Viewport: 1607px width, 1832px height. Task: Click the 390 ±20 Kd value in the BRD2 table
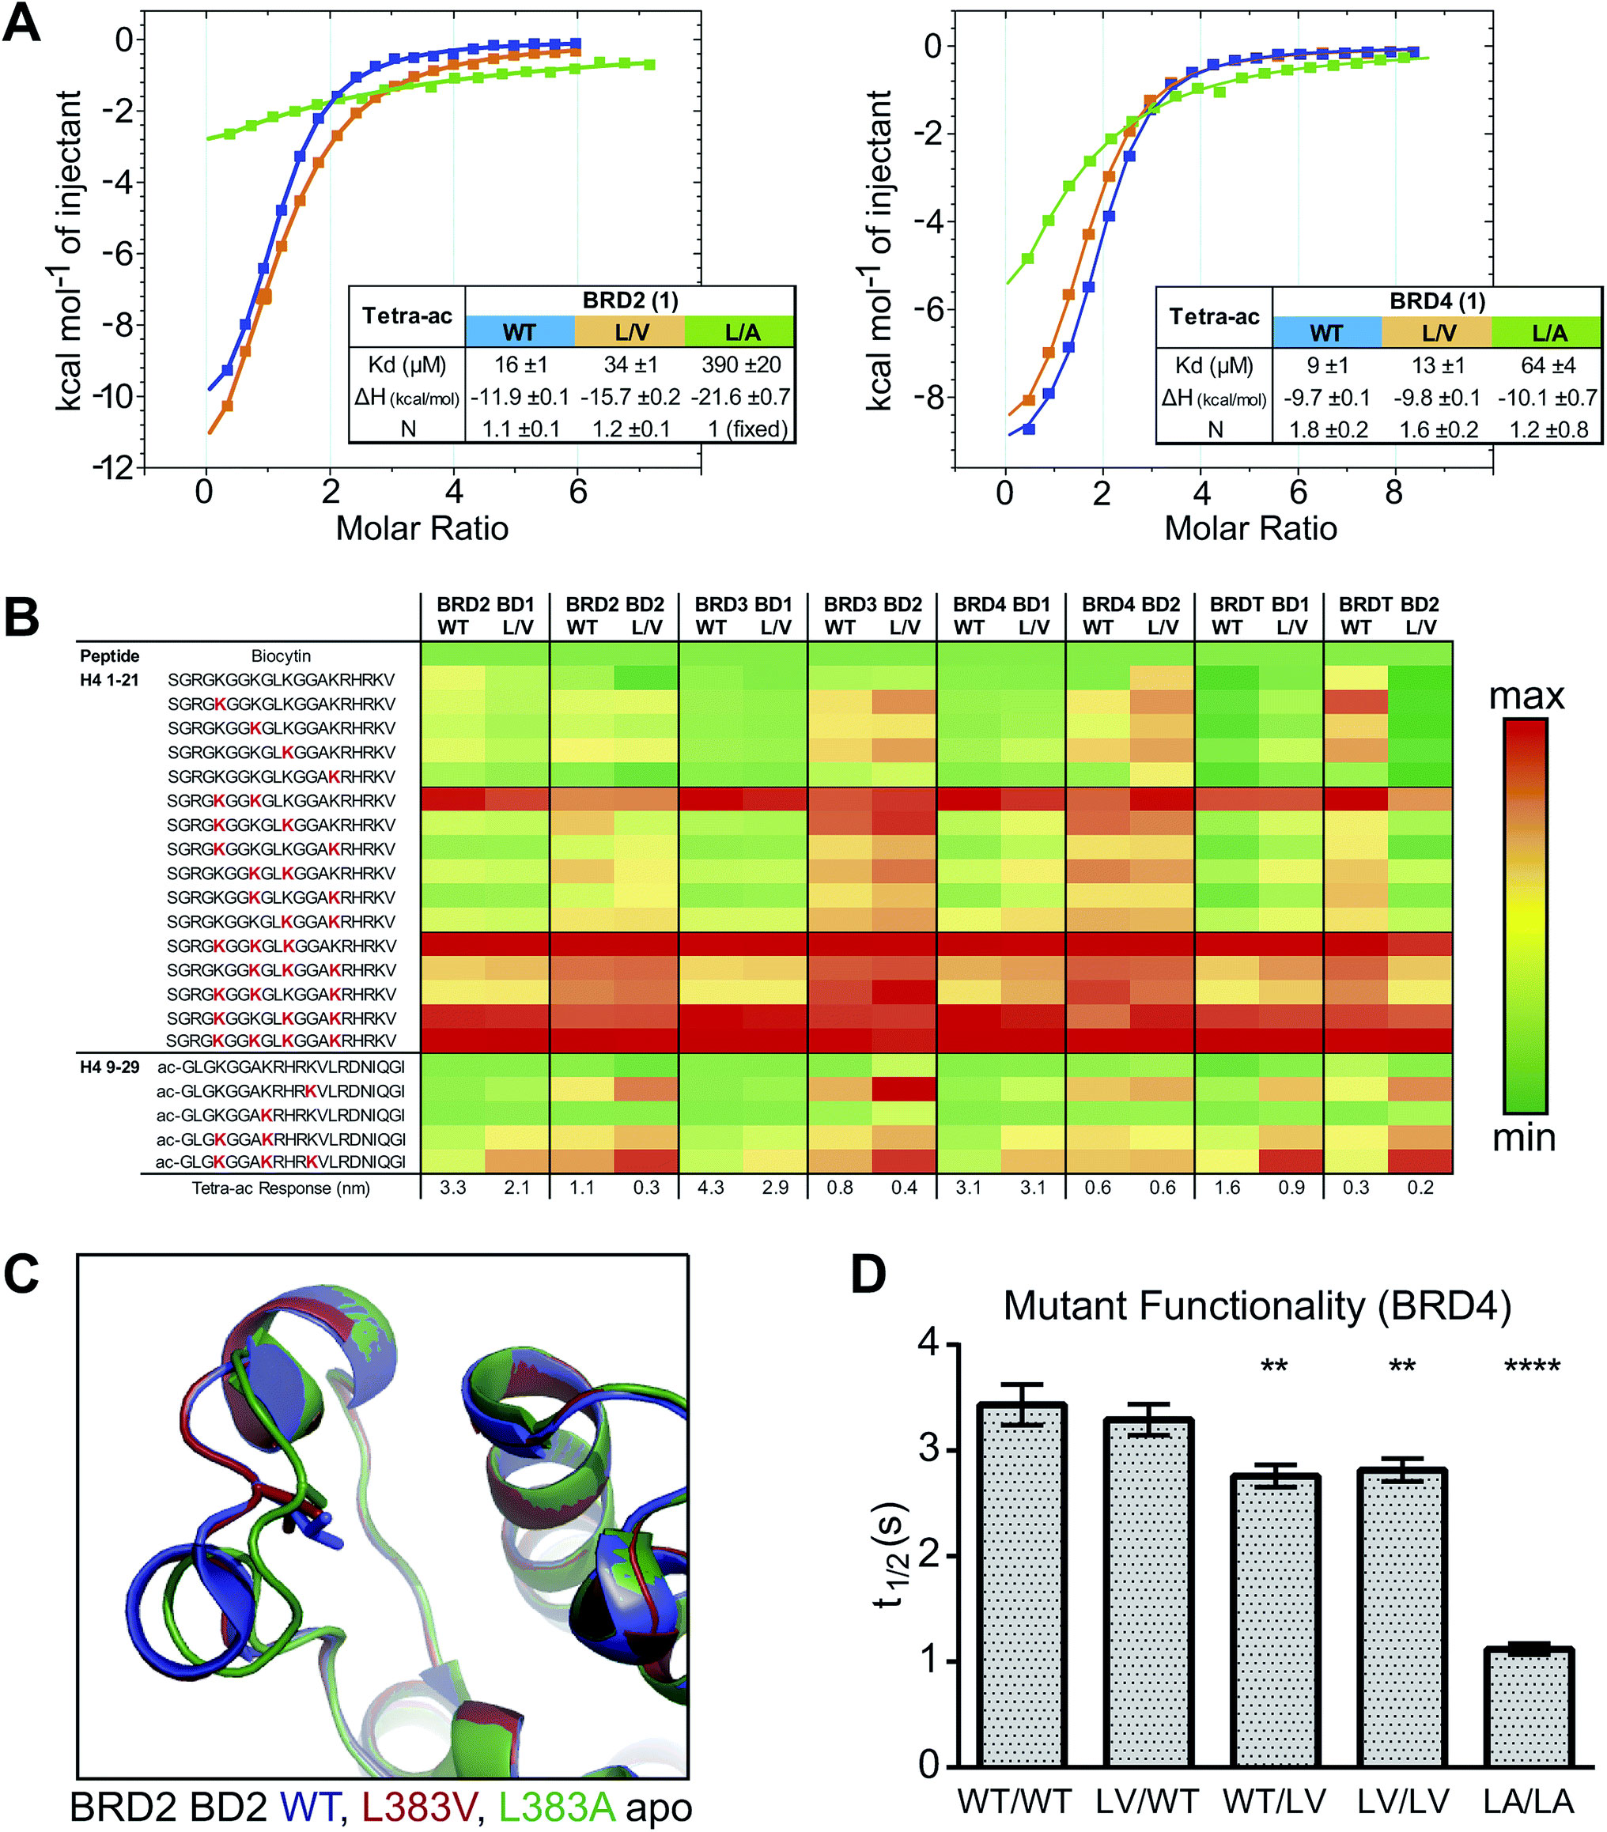pos(740,365)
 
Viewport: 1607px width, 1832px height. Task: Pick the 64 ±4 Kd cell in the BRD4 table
pos(1548,365)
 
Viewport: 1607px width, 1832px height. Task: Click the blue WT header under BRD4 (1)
pos(1326,333)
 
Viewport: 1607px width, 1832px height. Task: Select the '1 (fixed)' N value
pos(747,429)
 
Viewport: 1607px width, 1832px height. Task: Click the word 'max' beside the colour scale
pos(1526,697)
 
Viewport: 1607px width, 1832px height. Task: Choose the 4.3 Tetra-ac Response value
pos(711,1188)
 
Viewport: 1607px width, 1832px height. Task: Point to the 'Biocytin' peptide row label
pos(281,656)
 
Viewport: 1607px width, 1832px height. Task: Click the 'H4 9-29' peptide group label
pos(109,1067)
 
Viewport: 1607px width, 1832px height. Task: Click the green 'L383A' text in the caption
pos(556,1807)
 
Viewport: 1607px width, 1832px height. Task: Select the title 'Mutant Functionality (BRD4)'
pos(1257,1306)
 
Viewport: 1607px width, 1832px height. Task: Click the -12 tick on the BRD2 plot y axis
pos(115,467)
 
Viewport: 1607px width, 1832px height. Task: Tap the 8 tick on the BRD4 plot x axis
pos(1393,492)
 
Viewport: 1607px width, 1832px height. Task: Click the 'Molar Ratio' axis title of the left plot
pos(422,529)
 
